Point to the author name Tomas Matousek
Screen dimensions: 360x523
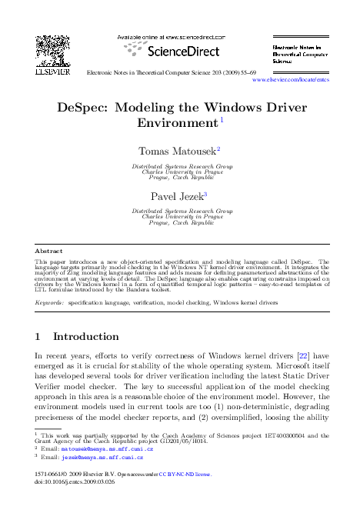(178, 150)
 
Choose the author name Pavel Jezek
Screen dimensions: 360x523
(179, 195)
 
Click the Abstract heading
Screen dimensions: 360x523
(50, 251)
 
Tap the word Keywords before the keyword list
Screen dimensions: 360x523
(50, 304)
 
